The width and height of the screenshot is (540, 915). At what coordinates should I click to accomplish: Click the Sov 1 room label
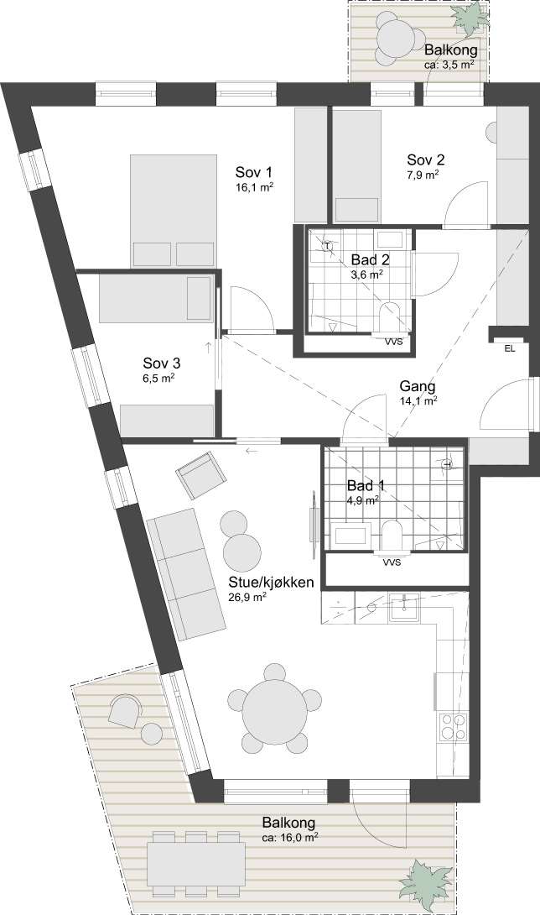click(254, 173)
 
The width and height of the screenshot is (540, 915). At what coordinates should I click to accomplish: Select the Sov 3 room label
click(162, 363)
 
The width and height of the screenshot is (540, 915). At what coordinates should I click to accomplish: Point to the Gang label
click(417, 386)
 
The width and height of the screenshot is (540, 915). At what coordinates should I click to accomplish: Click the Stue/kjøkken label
click(271, 583)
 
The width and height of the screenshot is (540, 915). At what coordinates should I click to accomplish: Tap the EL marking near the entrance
click(510, 349)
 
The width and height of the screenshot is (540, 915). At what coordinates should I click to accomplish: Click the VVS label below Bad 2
click(393, 342)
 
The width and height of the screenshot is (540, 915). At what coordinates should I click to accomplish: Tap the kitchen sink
click(404, 607)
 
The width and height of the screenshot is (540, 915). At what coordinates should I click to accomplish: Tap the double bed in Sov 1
click(174, 212)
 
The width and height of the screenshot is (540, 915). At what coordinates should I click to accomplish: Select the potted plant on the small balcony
click(470, 18)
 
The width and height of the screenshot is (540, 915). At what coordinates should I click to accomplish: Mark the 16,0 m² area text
click(290, 837)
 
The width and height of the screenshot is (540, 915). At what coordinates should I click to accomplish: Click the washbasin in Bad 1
click(350, 535)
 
